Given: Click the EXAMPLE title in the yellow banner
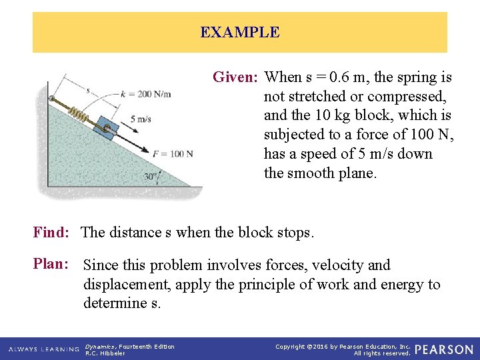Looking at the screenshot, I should point(239,32).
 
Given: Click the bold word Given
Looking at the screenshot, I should point(235,77).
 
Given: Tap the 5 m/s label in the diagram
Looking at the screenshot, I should point(141,119).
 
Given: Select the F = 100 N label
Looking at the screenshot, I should point(173,154).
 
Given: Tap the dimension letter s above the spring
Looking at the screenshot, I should point(87,89).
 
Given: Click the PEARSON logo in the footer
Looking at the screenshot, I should point(443,349).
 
